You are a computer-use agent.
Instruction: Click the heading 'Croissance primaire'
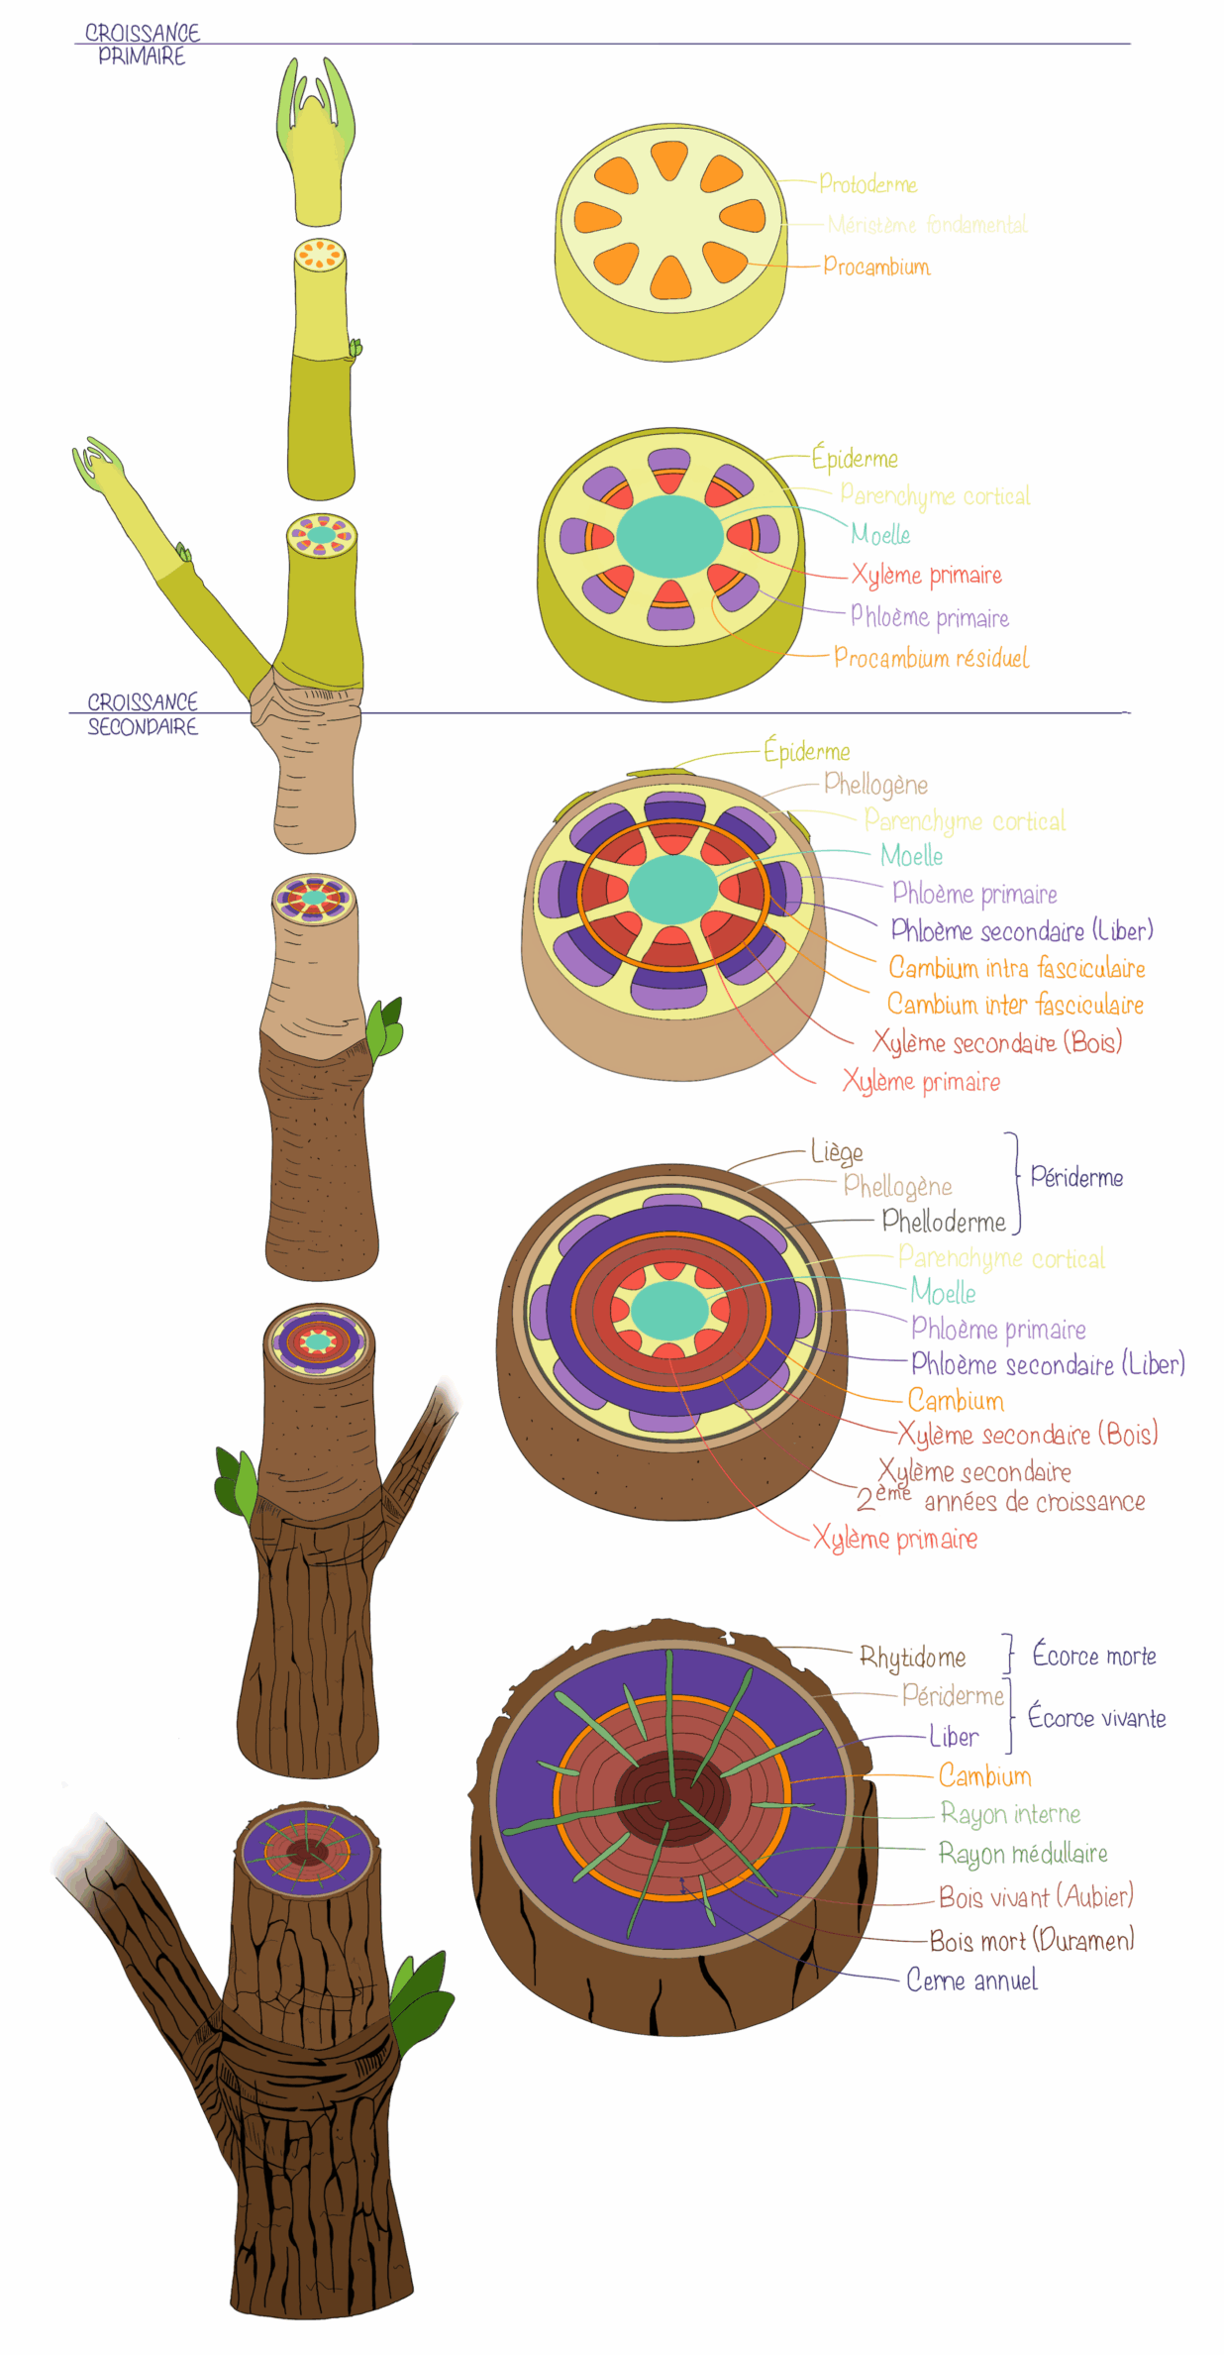click(x=142, y=45)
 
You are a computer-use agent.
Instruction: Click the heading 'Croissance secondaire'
click(x=143, y=713)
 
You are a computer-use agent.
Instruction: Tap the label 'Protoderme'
click(x=867, y=184)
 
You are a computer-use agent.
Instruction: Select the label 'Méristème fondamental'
click(x=927, y=225)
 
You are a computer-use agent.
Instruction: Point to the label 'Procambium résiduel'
click(x=931, y=658)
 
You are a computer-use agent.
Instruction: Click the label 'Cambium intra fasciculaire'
click(x=1016, y=968)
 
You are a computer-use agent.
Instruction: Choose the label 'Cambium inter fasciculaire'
click(x=1015, y=1005)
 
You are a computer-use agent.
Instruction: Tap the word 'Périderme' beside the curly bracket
click(x=1076, y=1177)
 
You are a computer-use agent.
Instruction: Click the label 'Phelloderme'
click(x=944, y=1222)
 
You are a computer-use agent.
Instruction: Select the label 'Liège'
click(x=837, y=1152)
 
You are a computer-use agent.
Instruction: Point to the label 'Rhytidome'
click(x=912, y=1658)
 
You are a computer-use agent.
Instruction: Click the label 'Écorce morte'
click(x=1094, y=1656)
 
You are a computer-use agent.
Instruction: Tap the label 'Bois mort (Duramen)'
click(x=1032, y=1940)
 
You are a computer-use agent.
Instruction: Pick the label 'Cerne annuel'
click(x=972, y=1980)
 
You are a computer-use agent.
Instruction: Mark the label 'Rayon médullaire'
click(x=1023, y=1854)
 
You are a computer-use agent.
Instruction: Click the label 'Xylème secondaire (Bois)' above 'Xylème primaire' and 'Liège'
click(x=997, y=1042)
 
